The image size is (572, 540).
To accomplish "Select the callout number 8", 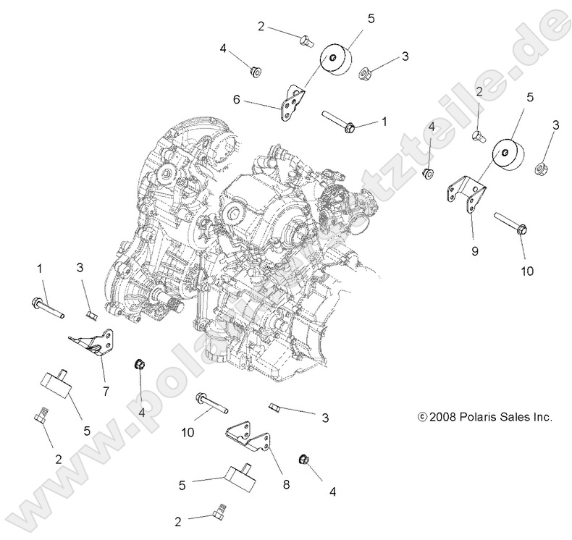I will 287,484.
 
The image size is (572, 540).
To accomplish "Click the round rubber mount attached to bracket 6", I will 334,58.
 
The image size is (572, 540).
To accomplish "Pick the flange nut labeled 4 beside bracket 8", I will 304,460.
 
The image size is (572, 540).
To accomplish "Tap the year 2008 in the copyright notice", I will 444,417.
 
